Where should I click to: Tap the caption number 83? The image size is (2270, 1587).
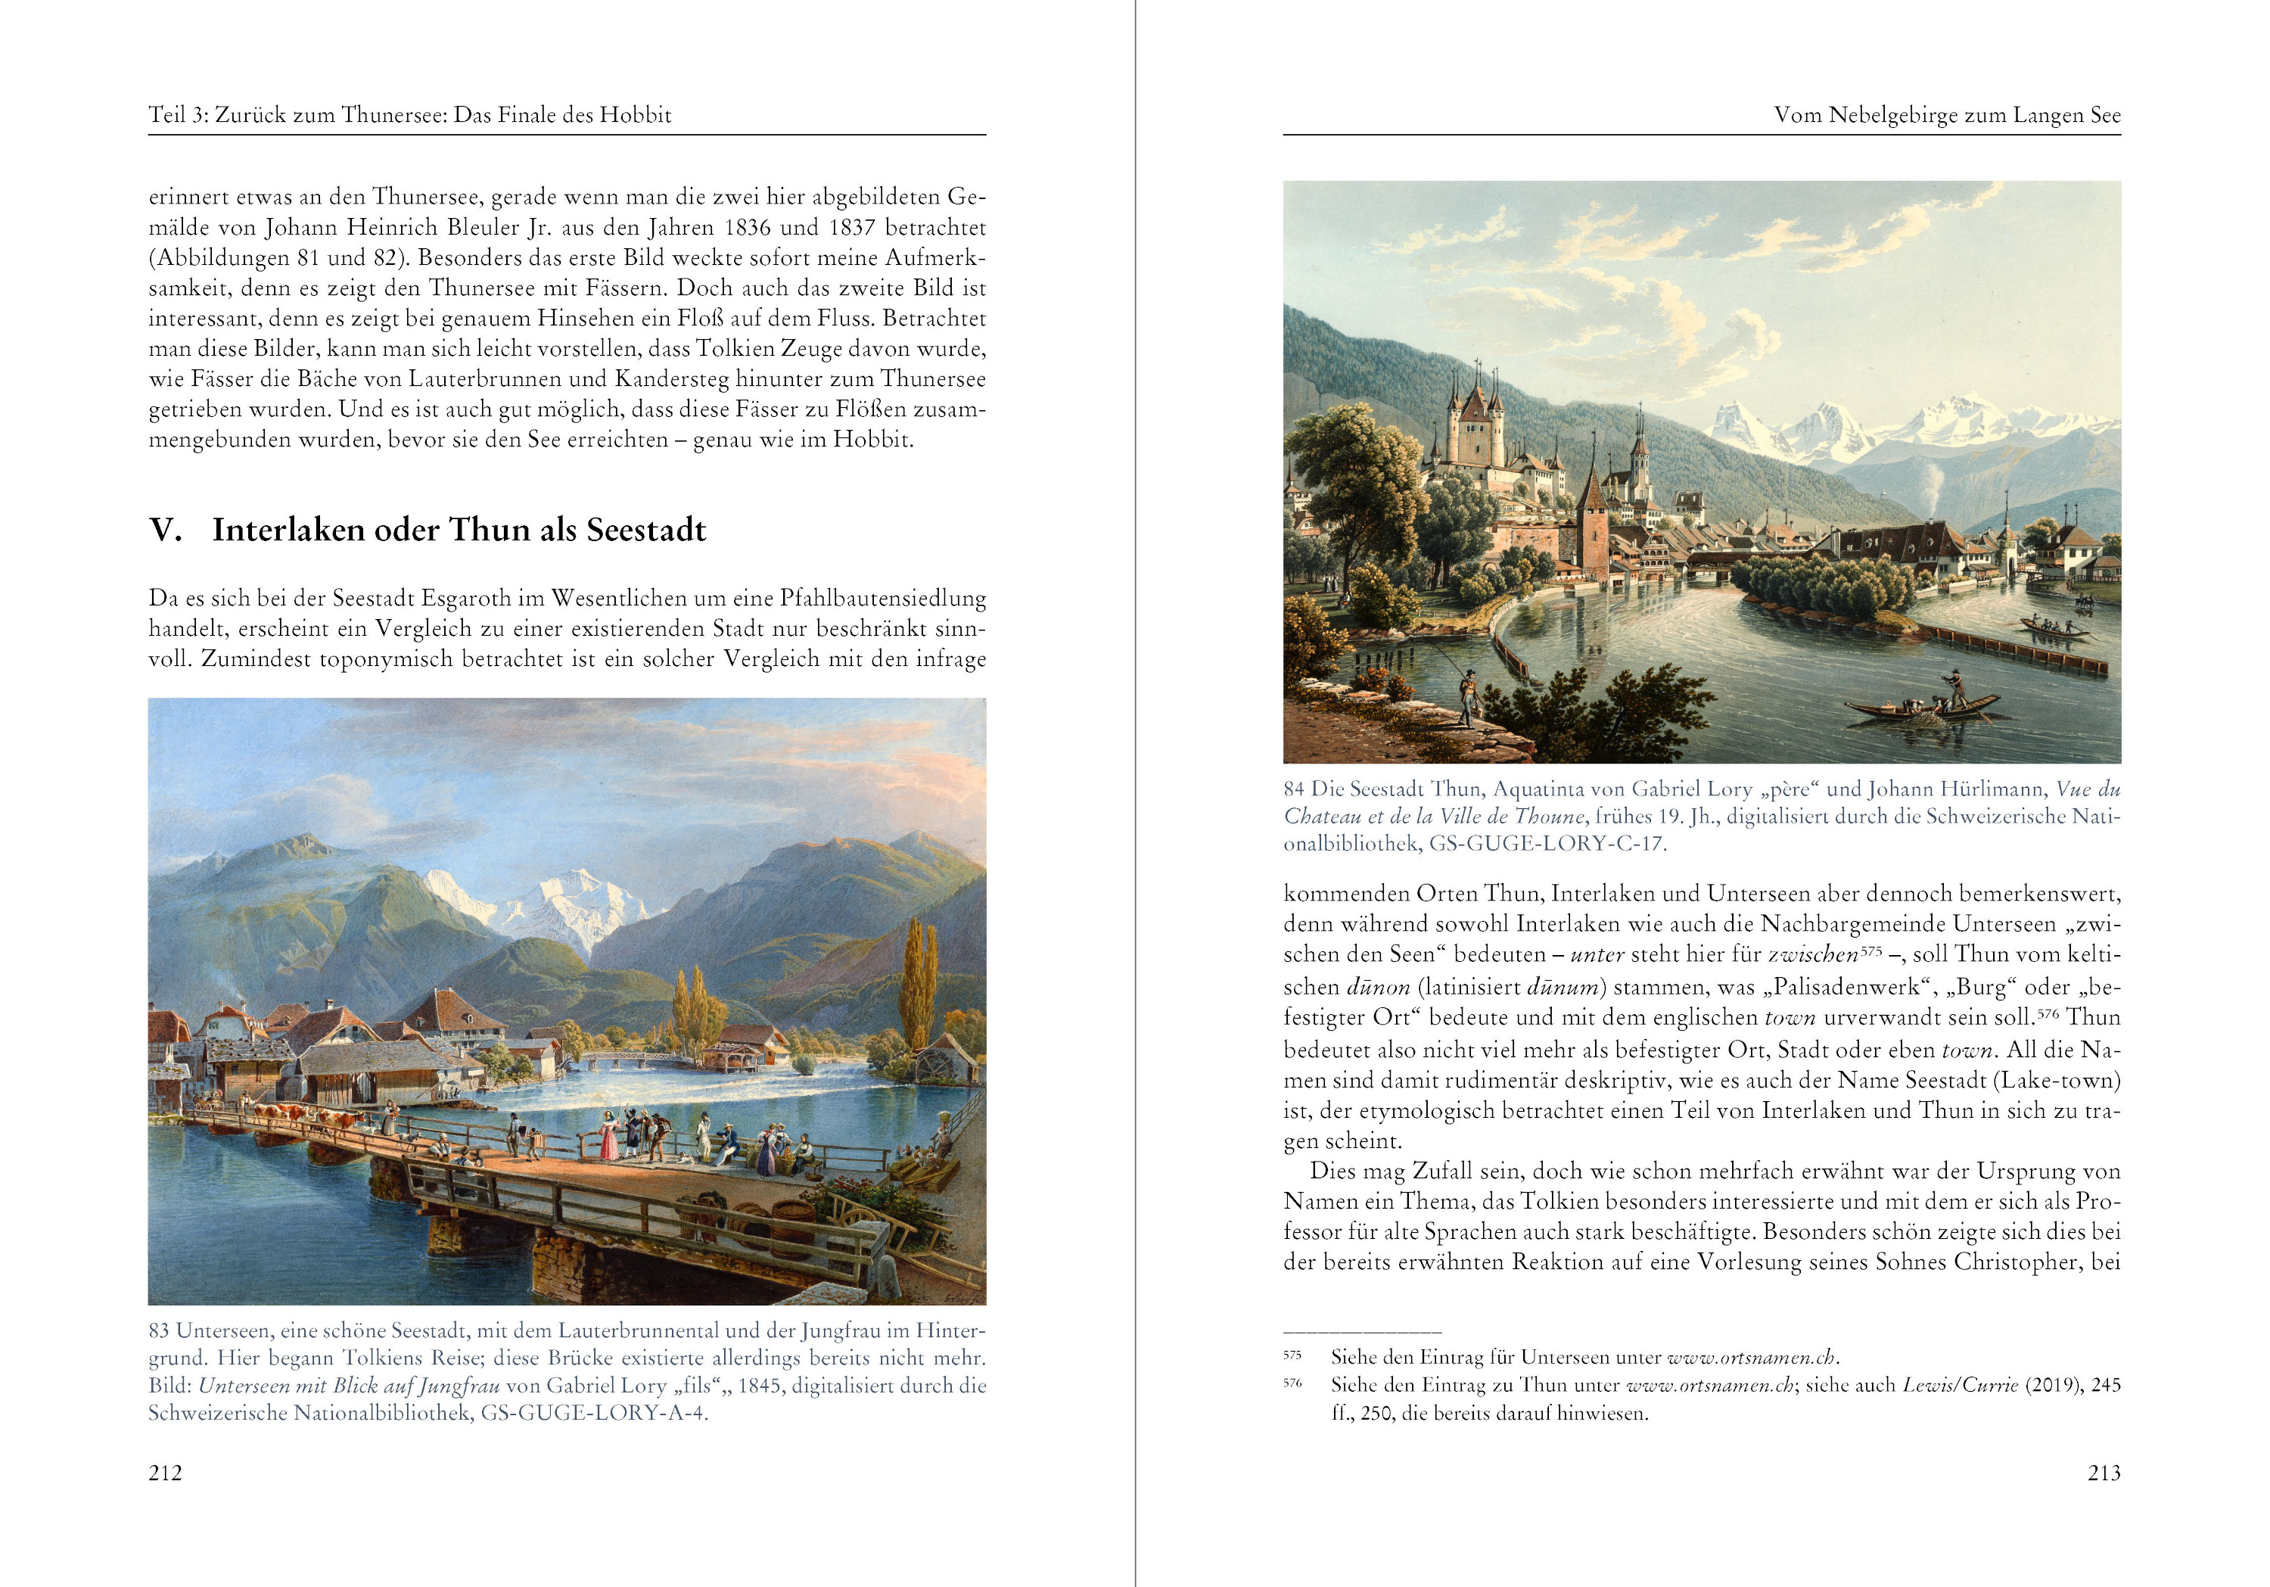[x=159, y=1331]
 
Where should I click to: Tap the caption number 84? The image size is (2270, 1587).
[x=1294, y=789]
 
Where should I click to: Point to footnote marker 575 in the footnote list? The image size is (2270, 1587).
[x=1292, y=1355]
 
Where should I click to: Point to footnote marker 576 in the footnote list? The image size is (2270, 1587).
[x=1292, y=1383]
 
